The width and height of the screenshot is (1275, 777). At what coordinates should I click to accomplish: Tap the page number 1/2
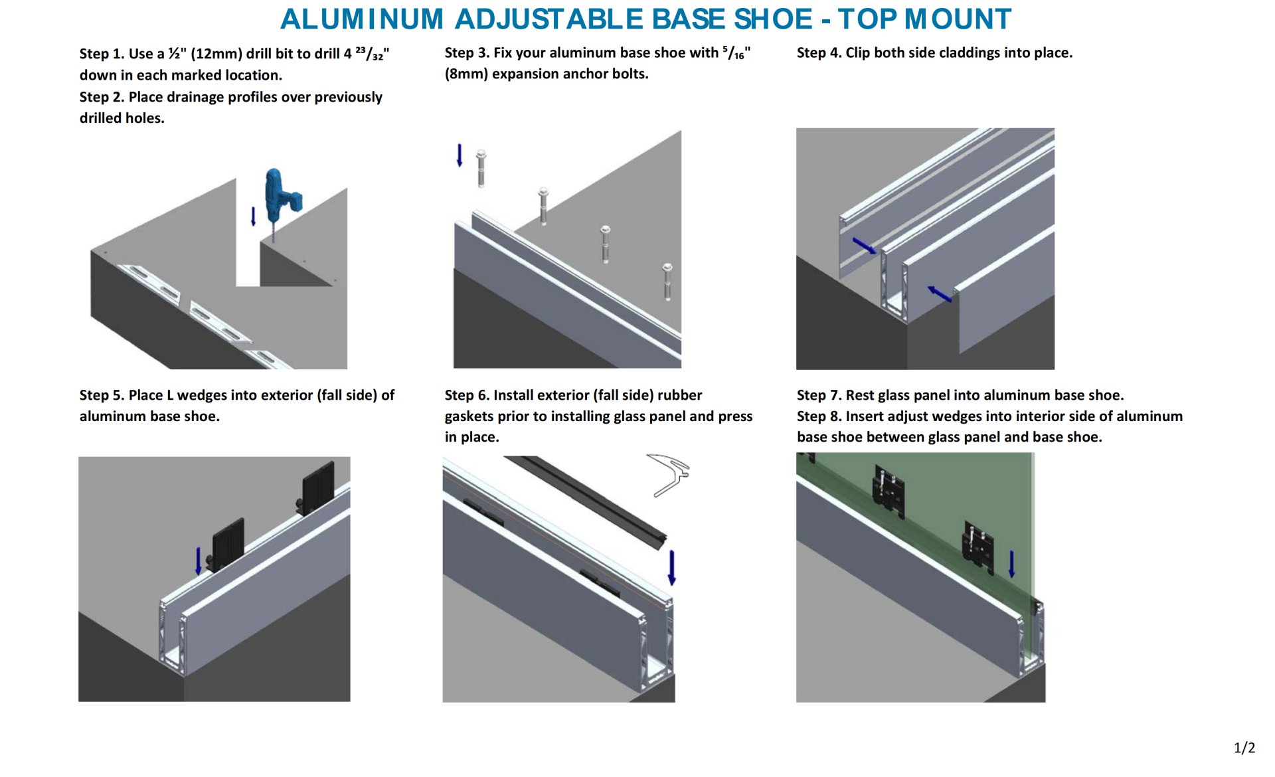(1244, 748)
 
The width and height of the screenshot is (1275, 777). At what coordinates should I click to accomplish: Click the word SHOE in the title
(772, 19)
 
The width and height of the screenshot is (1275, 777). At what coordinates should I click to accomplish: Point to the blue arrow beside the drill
(253, 216)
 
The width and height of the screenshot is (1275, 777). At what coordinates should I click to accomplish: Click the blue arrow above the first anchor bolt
(459, 155)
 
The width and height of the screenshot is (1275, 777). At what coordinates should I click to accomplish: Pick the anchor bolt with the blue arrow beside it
(481, 168)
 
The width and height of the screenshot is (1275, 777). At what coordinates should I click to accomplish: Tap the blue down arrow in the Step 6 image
(671, 567)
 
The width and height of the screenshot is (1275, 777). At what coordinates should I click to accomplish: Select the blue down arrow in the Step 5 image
(198, 561)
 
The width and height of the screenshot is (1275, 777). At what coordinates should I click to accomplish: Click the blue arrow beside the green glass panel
(1011, 564)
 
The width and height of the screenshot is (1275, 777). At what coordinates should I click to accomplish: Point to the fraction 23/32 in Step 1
(370, 54)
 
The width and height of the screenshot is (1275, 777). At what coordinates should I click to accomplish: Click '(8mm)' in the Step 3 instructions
(466, 74)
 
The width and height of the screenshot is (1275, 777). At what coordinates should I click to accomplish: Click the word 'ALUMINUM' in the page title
(362, 19)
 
